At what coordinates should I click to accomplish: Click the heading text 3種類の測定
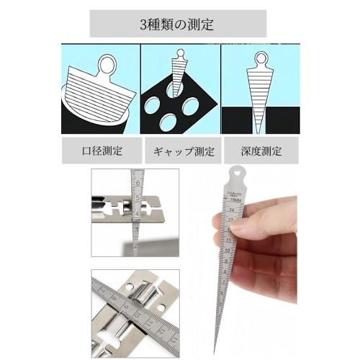pyautogui.click(x=177, y=24)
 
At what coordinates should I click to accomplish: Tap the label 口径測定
pyautogui.click(x=102, y=151)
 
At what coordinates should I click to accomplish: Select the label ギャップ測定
pyautogui.click(x=179, y=151)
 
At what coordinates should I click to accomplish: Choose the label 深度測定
pyautogui.click(x=260, y=151)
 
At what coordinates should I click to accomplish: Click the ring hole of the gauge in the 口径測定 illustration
pyautogui.click(x=107, y=65)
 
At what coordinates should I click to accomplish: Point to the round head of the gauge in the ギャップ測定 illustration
pyautogui.click(x=180, y=54)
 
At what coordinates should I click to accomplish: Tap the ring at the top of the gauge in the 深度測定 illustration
pyautogui.click(x=261, y=58)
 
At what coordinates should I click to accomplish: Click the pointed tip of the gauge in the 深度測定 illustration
pyautogui.click(x=260, y=130)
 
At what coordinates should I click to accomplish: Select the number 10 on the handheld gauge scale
pyautogui.click(x=227, y=250)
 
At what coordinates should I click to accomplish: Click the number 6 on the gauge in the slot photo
pyautogui.click(x=138, y=184)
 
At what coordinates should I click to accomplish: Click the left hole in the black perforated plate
pyautogui.click(x=152, y=105)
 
